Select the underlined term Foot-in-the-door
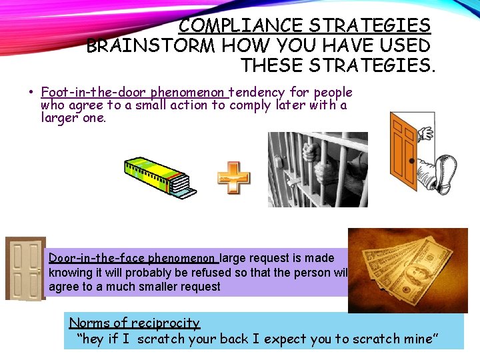(x=94, y=92)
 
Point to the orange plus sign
(x=234, y=178)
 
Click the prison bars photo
(x=317, y=169)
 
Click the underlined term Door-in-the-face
(x=97, y=258)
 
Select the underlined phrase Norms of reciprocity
(x=134, y=323)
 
